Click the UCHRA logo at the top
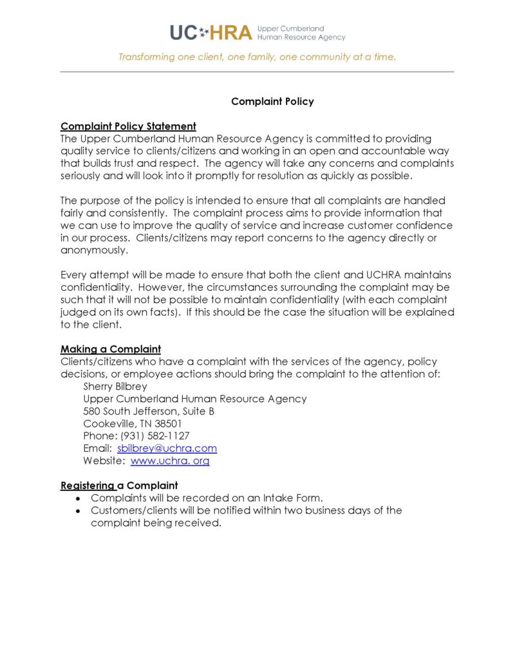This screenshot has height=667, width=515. coord(257,32)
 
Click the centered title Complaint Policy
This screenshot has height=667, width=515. coord(272,101)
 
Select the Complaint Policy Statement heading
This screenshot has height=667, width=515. coord(128,126)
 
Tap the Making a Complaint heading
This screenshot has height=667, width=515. coord(110,349)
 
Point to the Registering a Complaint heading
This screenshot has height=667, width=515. coord(119,485)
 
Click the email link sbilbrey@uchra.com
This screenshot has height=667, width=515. coord(167,449)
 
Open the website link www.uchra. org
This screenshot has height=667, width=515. coord(170,461)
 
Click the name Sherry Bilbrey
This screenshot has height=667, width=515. coord(115,387)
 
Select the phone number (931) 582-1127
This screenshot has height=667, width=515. coord(155,436)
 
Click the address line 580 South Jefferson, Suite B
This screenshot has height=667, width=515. coord(149,411)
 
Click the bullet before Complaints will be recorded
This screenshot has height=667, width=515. coord(79,498)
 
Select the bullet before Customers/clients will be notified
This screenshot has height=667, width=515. coord(79,510)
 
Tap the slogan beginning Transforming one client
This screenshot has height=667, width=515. coord(257,57)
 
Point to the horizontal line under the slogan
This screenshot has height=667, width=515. coord(257,72)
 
